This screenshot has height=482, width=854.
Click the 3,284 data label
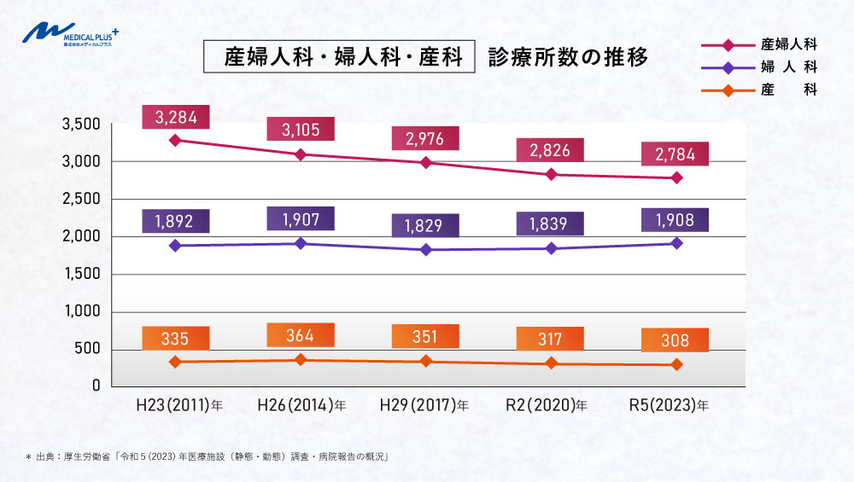(x=175, y=114)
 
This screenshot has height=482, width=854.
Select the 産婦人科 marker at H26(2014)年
(x=301, y=154)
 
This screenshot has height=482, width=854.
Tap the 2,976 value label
(x=424, y=138)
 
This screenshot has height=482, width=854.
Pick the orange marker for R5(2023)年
(x=676, y=364)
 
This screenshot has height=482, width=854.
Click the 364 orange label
(x=301, y=335)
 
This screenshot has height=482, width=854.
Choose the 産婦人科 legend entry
(x=760, y=44)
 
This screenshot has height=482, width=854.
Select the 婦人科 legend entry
(x=760, y=66)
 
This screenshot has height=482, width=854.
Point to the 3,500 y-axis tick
(x=82, y=125)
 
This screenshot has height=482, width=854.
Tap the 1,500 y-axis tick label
(x=82, y=274)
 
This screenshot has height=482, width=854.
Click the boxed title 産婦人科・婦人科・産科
(x=338, y=58)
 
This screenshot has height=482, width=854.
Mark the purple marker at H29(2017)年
(x=425, y=250)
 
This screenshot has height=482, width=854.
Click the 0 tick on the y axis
(x=97, y=386)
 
